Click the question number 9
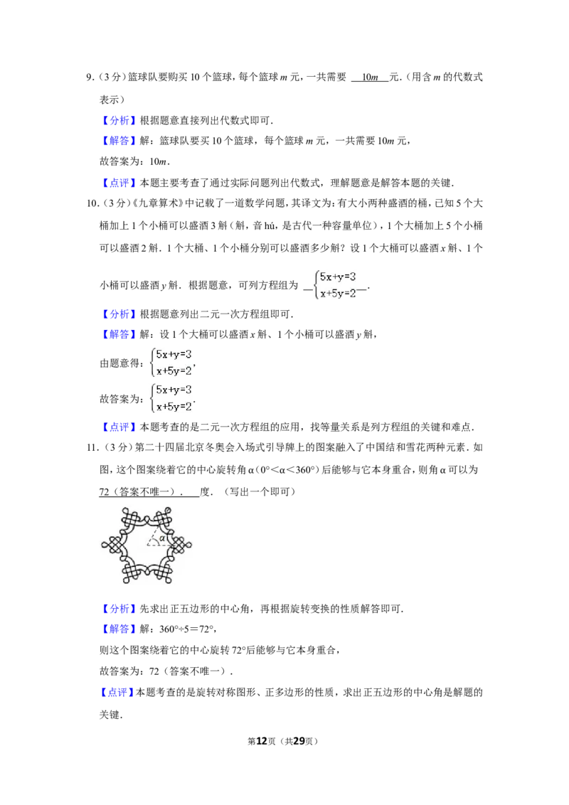click(90, 78)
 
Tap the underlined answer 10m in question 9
click(370, 78)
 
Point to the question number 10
click(92, 203)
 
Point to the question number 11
click(92, 448)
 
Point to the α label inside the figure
click(162, 538)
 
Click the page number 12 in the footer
click(262, 741)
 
